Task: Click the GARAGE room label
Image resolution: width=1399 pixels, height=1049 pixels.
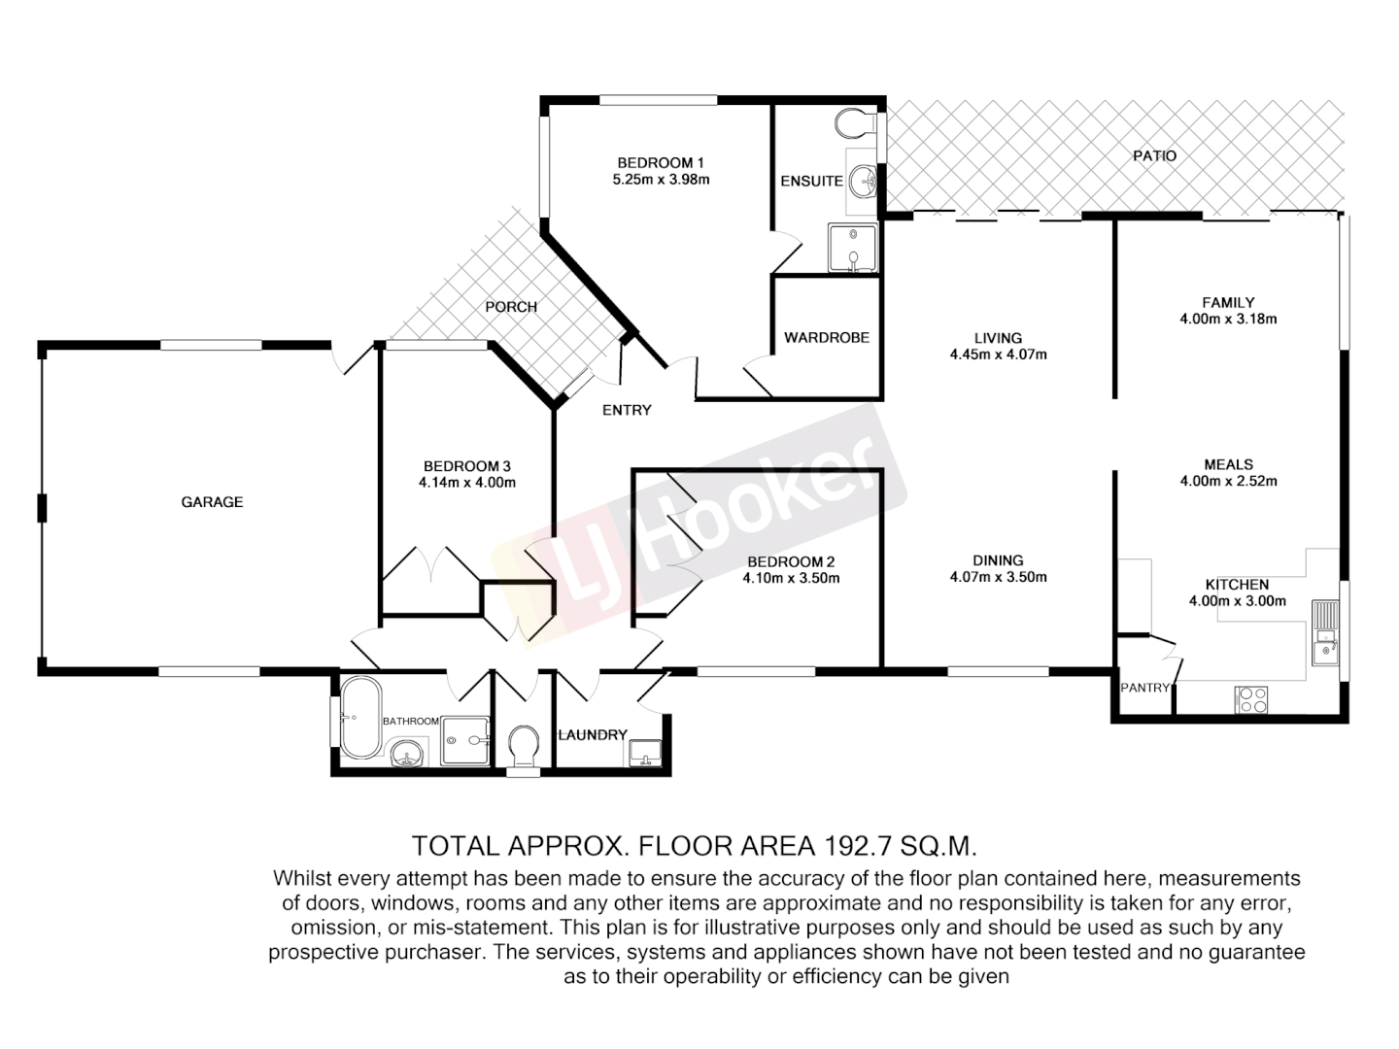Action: pos(212,502)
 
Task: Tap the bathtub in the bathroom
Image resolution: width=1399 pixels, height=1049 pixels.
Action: pos(360,719)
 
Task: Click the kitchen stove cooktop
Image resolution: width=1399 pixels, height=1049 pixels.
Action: pos(1250,699)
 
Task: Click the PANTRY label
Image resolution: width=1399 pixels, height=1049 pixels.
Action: pos(1144,688)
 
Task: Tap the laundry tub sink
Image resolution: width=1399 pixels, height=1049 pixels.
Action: pos(646,752)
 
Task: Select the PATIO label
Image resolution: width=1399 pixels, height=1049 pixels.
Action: pos(1154,155)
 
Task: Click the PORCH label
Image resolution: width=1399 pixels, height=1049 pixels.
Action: pos(511,307)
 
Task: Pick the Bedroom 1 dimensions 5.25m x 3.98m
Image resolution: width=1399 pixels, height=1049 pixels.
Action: pos(661,180)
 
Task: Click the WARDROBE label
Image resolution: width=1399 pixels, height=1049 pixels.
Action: pos(827,338)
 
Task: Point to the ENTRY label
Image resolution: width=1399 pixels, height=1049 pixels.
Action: pos(627,410)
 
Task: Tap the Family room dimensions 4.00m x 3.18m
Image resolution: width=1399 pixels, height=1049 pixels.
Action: pos(1228,319)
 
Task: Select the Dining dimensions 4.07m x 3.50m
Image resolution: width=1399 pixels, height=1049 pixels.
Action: pos(998,577)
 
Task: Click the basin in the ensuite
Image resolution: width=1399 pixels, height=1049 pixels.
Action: pos(862,181)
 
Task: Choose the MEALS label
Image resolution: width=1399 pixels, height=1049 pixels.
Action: pos(1228,464)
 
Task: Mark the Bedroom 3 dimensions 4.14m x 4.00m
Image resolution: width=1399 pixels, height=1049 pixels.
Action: pos(466,483)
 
